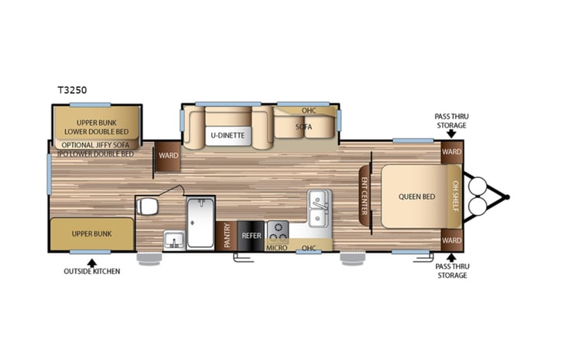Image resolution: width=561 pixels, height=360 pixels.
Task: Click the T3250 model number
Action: coord(71,89)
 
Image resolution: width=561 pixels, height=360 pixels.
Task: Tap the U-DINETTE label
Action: coord(228,136)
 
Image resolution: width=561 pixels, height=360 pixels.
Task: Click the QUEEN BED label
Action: coord(416,197)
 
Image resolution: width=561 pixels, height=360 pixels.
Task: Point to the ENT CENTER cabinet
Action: coord(365,197)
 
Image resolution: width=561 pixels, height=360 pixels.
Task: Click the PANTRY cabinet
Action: coord(227,236)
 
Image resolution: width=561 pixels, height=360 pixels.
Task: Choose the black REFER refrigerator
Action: coord(250,236)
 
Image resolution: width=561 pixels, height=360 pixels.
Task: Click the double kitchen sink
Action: coord(319,208)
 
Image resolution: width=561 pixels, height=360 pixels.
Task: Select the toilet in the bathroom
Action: coord(147,206)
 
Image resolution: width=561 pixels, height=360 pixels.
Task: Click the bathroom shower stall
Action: coord(200,223)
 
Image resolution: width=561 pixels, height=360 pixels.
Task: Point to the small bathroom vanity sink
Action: coord(173,239)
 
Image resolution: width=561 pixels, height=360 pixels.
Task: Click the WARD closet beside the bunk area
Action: coord(168,156)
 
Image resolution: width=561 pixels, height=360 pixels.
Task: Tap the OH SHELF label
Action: coord(454,197)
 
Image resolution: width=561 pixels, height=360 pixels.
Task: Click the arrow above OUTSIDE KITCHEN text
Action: coord(91,263)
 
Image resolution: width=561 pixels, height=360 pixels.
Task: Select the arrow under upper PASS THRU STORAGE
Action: coord(450,133)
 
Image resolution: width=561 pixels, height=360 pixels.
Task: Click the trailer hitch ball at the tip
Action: coord(506,197)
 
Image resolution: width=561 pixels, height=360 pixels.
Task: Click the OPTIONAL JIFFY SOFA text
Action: coord(97,144)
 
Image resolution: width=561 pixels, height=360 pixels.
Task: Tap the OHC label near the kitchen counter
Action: coord(309,247)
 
